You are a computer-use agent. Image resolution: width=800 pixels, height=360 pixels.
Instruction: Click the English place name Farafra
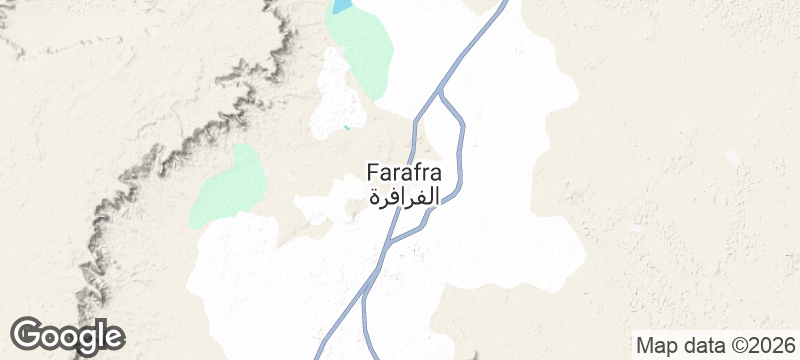[404, 171]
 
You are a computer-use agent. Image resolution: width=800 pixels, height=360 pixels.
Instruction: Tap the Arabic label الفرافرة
[404, 196]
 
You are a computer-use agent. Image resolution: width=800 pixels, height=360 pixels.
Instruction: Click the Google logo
[67, 335]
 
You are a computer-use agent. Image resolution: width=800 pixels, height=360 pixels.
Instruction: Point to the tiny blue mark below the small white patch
[347, 127]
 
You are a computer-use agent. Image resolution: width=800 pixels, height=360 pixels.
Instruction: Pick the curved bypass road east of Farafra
[459, 150]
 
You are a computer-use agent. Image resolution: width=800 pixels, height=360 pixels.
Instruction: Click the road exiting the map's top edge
[500, 6]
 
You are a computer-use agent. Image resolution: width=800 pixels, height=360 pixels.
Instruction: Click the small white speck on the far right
[733, 158]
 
